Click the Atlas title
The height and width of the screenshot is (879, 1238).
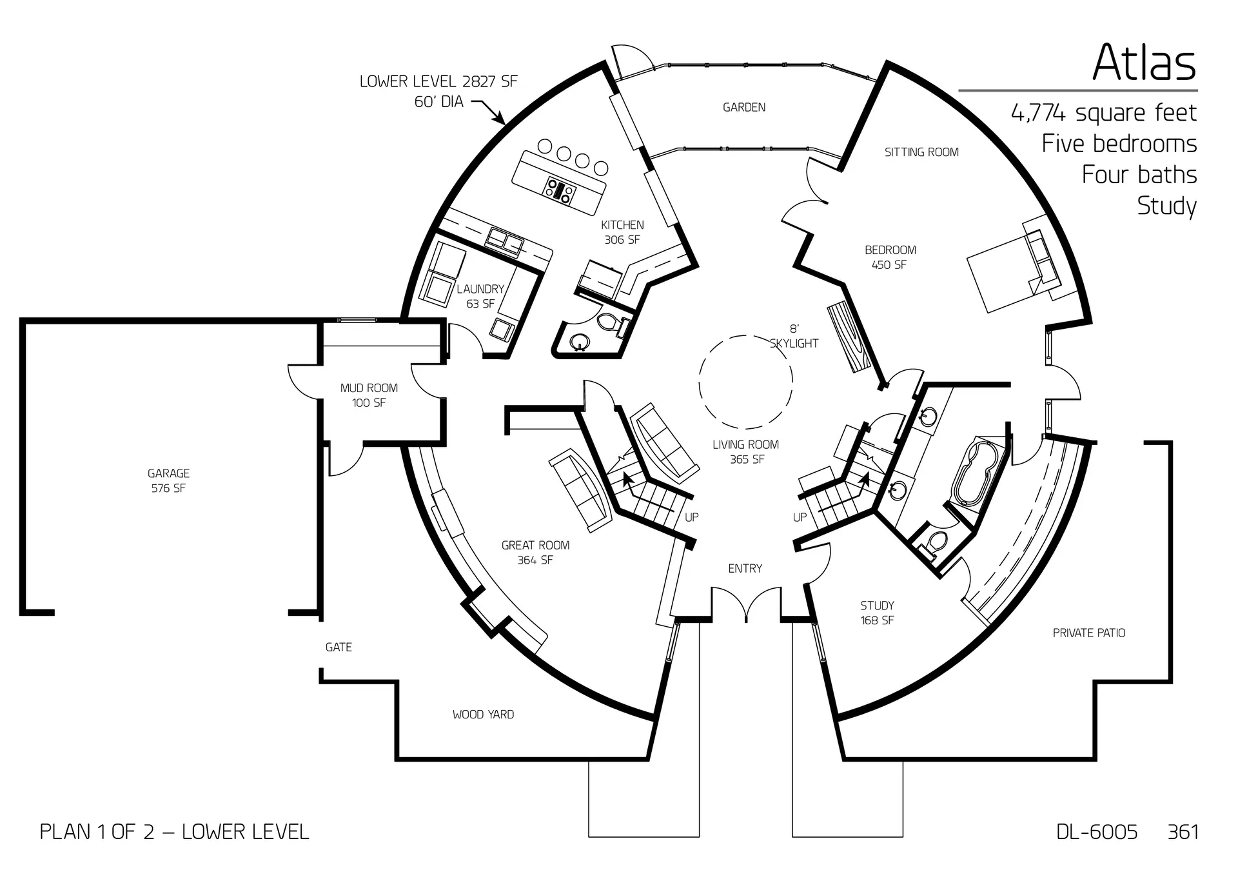tap(1145, 63)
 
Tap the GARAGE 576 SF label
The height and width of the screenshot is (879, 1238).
tap(168, 481)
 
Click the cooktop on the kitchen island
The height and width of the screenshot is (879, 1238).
tap(560, 191)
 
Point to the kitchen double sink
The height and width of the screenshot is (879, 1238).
tap(505, 241)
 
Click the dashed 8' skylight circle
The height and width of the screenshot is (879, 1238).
tap(745, 382)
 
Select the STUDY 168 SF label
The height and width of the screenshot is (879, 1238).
tap(877, 613)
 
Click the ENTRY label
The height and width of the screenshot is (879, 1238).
tap(745, 568)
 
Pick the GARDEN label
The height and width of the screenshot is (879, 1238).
tap(744, 108)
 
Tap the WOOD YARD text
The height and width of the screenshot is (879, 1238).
tap(483, 715)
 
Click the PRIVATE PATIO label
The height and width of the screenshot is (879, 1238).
tap(1089, 633)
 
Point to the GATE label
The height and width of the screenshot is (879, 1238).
tap(339, 647)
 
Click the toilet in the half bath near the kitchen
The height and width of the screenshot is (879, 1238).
tap(609, 322)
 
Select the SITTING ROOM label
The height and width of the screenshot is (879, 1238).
tap(921, 152)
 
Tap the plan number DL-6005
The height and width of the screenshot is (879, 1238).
tap(1097, 832)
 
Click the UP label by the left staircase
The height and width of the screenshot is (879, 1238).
tap(691, 517)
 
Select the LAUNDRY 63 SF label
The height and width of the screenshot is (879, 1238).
tap(480, 296)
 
